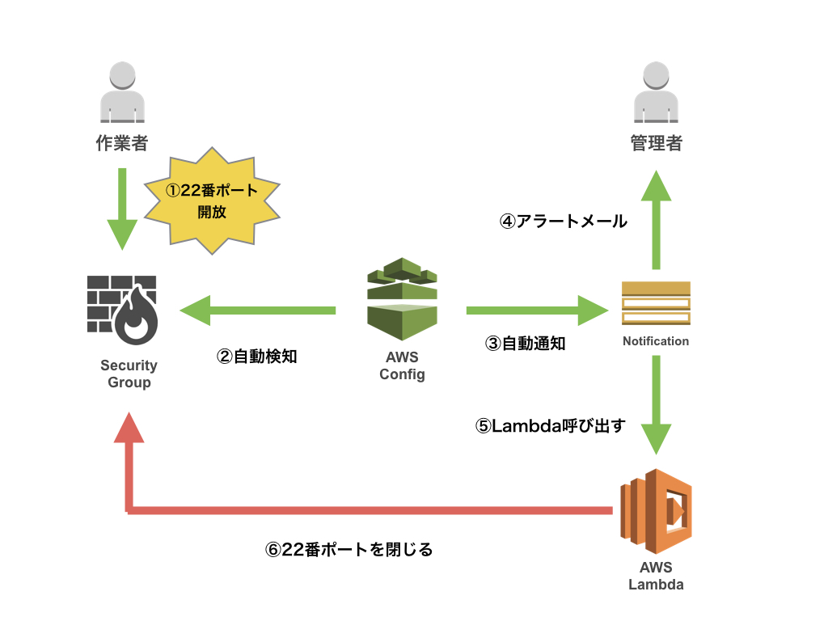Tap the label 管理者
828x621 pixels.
point(656,144)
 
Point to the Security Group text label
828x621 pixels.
point(129,374)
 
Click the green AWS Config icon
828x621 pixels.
point(402,299)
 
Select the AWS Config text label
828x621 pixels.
point(402,365)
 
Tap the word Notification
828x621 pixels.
point(656,341)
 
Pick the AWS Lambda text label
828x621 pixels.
point(656,576)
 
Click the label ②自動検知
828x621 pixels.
point(257,356)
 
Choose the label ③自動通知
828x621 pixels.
point(525,343)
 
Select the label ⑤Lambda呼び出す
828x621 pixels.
point(551,426)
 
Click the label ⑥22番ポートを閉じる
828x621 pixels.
point(349,550)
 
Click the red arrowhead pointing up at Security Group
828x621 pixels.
point(129,429)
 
